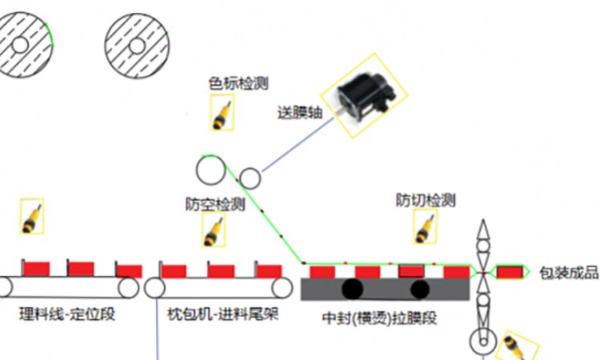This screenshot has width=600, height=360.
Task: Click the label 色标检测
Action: pyautogui.click(x=238, y=83)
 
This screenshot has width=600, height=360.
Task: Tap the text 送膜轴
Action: pyautogui.click(x=300, y=112)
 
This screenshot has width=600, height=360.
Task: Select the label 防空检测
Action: pyautogui.click(x=214, y=205)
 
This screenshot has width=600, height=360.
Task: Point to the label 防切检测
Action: pyautogui.click(x=426, y=199)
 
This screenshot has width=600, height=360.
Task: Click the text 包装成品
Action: pyautogui.click(x=569, y=273)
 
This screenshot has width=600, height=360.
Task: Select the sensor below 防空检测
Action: pyautogui.click(x=214, y=230)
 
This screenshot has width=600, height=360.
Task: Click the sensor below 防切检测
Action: pyautogui.click(x=425, y=226)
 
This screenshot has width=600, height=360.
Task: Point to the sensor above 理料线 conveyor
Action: pyautogui.click(x=32, y=217)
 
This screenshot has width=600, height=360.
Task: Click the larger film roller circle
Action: pyautogui.click(x=212, y=170)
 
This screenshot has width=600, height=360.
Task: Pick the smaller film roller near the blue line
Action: pyautogui.click(x=250, y=177)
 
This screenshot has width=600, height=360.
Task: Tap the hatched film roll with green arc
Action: pyautogui.click(x=22, y=46)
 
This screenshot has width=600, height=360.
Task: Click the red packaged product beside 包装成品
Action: pyautogui.click(x=507, y=272)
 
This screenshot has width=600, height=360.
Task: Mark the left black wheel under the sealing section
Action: pyautogui.click(x=351, y=288)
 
